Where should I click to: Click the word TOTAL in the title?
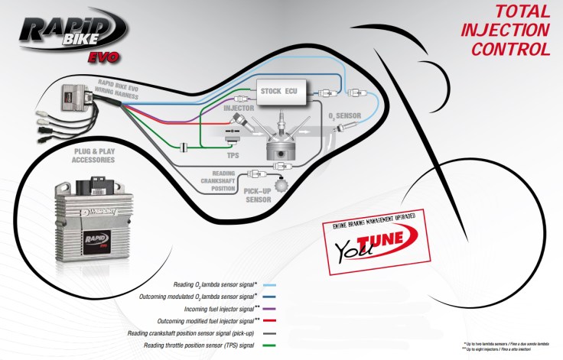pyautogui.click(x=522, y=11)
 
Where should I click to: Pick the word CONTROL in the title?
pyautogui.click(x=510, y=50)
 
